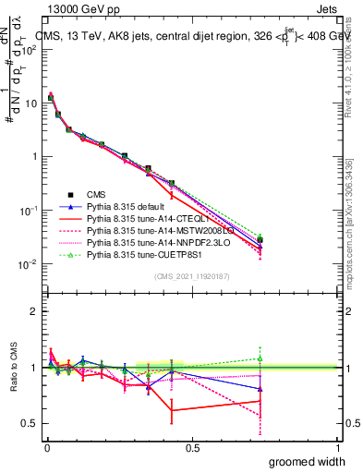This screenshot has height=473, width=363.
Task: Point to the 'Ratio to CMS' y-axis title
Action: [x=12, y=368]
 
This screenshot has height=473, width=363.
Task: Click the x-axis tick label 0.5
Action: [x=192, y=447]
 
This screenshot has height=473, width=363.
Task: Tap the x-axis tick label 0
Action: [x=46, y=447]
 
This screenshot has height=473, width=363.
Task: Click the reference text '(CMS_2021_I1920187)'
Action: [x=192, y=276]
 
